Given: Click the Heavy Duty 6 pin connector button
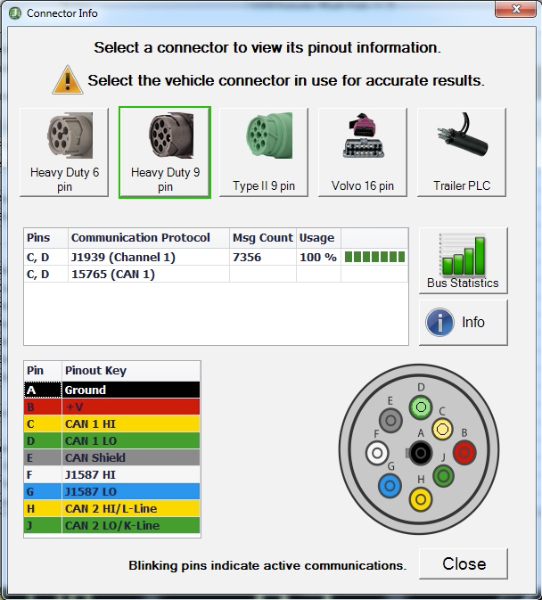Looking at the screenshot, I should pos(64,152).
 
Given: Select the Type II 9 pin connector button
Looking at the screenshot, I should pos(264,152).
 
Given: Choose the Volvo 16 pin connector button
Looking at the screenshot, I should pos(363,152).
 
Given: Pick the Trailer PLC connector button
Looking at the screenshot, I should pos(462,152).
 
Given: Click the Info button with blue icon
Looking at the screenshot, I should pos(463,322).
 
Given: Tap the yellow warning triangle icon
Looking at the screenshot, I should pos(68,80).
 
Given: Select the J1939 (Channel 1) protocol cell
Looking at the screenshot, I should pos(123,257).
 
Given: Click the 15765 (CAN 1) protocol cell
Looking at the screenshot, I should pos(112,274).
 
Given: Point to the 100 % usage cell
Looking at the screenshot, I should pos(317,257).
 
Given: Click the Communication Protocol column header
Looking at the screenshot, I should pos(141,238).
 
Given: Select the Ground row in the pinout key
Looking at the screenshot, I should pos(112,390).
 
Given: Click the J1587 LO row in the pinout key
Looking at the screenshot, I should pos(112,491).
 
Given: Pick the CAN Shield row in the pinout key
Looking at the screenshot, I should pos(112,457).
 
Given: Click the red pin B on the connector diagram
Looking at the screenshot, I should pos(464,453).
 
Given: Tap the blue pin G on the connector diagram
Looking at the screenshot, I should pos(390,486).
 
